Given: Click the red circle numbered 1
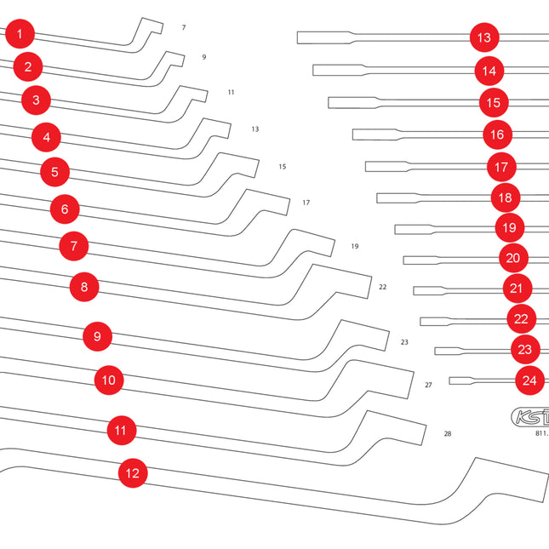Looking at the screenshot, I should pos(20,35).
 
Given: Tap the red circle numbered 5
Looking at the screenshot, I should pos(54,172).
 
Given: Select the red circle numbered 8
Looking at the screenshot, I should pos(83,287).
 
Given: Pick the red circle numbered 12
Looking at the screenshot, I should pos(132,472).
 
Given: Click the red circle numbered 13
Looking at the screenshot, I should pos(483,37).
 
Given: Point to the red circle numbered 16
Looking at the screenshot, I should pos(497,134).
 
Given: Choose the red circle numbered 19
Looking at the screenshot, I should pos(509,227).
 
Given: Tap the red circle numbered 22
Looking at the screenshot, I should pos(521,319).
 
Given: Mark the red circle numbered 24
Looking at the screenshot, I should pos(529,380).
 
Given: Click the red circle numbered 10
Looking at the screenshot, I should pos(107,380).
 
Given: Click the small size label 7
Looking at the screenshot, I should pos(184,28).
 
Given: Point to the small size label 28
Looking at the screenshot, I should pos(447,433).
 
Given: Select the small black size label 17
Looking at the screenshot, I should pos(306,203).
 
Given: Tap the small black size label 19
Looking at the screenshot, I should pos(354,247).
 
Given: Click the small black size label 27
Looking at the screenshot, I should pos(428,385).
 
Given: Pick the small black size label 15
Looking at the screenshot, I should pos(282,166).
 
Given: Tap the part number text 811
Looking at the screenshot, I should pos(541,433).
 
